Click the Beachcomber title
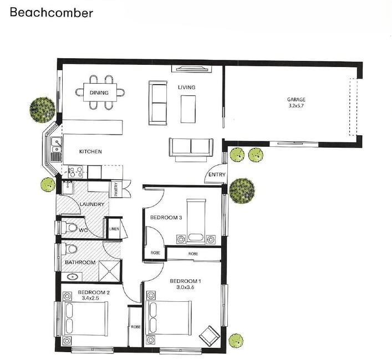(52, 13)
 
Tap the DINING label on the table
(99, 93)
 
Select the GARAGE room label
(296, 99)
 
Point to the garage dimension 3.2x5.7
(296, 106)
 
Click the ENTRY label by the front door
(217, 175)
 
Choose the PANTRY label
(116, 189)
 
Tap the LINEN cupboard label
(114, 229)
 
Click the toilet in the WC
(69, 228)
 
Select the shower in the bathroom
(109, 271)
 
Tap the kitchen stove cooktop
(75, 172)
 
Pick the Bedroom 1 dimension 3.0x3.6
(185, 287)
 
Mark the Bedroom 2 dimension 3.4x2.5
(90, 298)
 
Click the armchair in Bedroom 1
(210, 336)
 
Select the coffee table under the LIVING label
(188, 109)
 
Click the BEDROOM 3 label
(166, 218)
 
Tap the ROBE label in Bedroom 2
(136, 327)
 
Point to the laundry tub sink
(68, 187)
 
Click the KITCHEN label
(90, 152)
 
